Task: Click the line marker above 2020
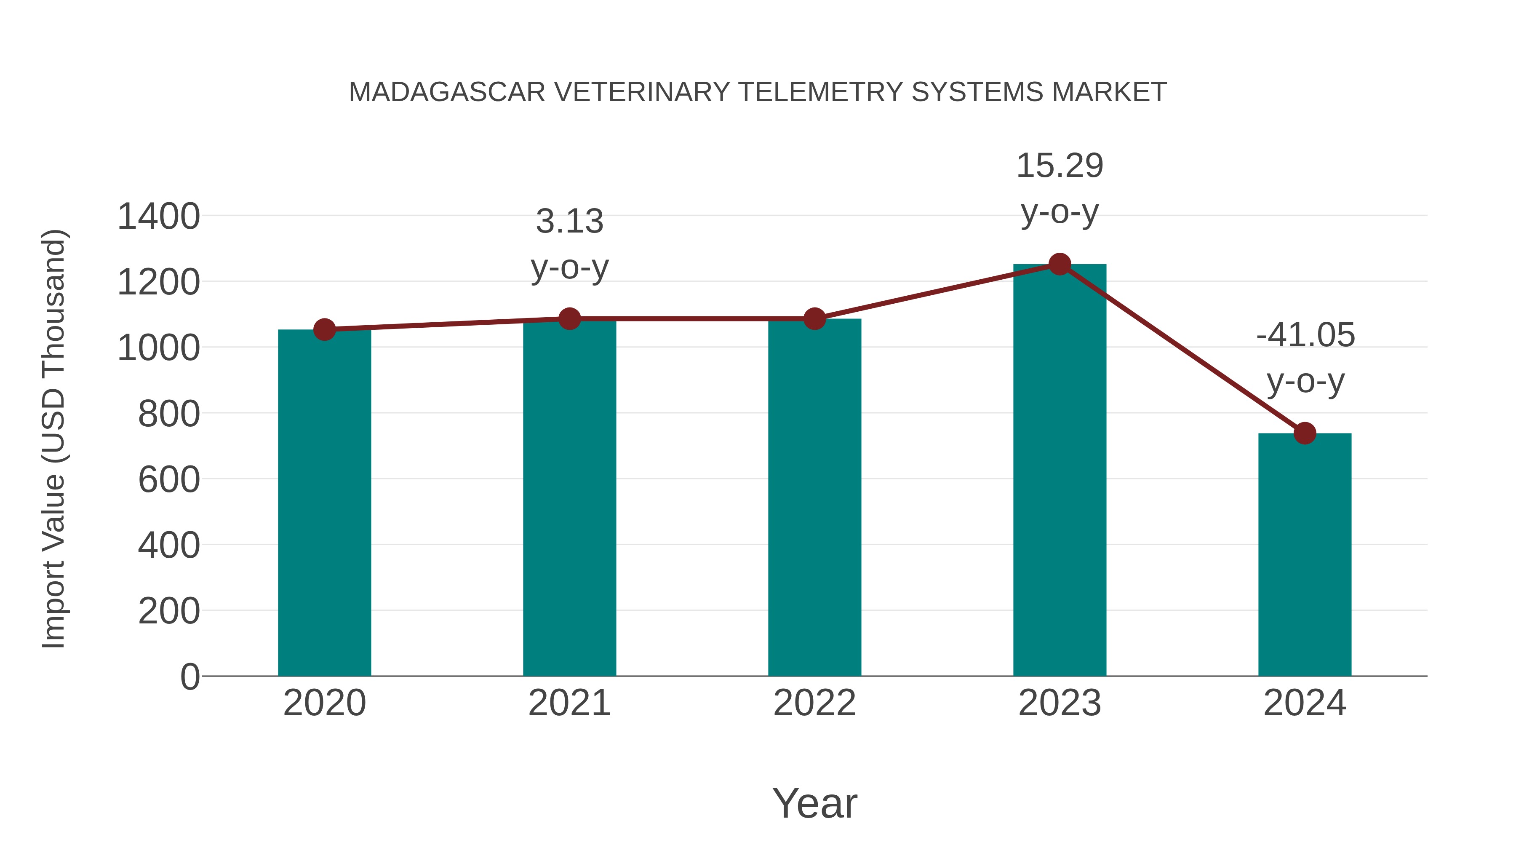324,330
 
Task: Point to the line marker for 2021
569,319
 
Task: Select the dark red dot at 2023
1060,264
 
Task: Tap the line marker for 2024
1305,433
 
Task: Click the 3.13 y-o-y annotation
569,244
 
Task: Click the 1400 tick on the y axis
158,216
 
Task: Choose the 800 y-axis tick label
168,413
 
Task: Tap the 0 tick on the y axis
189,677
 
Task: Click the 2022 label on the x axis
814,703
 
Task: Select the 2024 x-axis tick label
1305,703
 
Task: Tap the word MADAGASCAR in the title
447,92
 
